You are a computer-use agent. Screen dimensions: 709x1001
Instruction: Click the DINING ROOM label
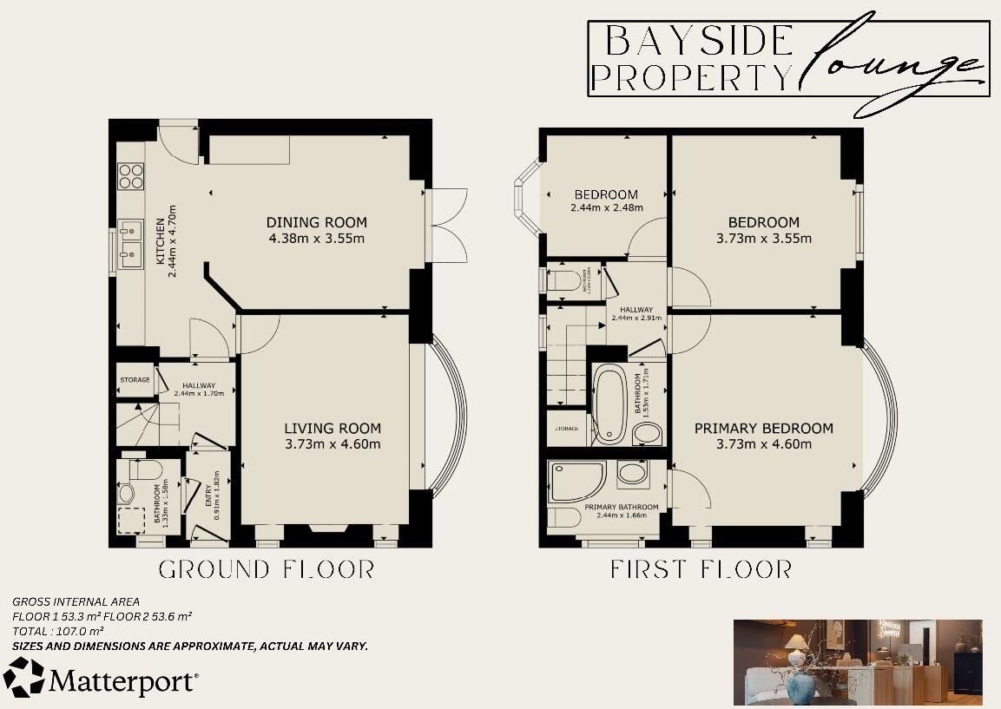click(316, 222)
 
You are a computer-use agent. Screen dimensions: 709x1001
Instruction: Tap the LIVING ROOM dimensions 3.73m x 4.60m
click(333, 444)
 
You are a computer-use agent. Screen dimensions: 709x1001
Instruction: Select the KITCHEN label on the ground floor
click(160, 240)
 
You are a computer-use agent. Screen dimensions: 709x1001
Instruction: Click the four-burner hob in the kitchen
click(130, 176)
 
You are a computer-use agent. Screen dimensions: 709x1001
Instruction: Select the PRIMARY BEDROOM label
click(763, 428)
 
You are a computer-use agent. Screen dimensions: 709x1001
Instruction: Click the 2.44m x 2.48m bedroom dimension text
click(606, 208)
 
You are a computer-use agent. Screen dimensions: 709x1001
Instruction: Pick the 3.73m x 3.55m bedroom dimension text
click(764, 239)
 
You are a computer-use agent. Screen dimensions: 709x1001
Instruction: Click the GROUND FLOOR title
click(267, 570)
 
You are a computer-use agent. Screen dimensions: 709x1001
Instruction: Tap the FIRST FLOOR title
click(701, 570)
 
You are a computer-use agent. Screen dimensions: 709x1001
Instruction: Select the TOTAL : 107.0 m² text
click(58, 631)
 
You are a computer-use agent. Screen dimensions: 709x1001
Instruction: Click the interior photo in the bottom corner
click(858, 662)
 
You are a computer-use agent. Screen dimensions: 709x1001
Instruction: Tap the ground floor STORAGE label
click(135, 380)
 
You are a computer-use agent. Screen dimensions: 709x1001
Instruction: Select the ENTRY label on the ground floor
click(207, 492)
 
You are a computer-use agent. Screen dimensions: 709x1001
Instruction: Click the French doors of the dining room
click(447, 224)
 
